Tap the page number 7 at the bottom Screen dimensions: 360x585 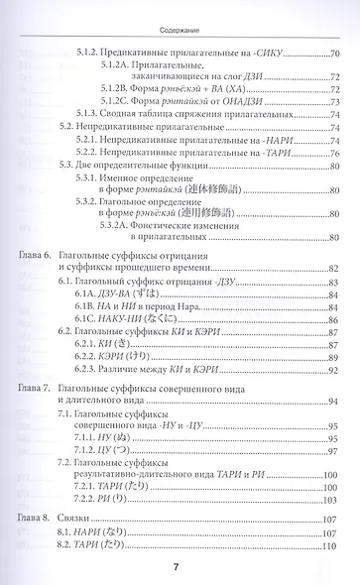[180, 567]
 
